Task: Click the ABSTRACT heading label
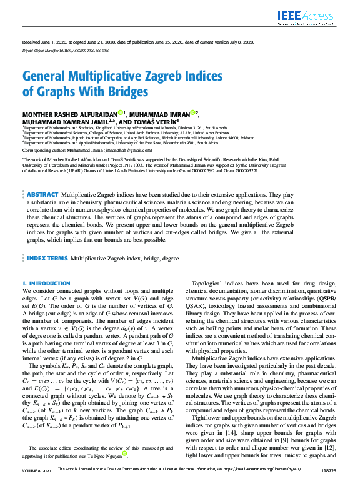click(42, 178)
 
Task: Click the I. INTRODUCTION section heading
click(46, 284)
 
